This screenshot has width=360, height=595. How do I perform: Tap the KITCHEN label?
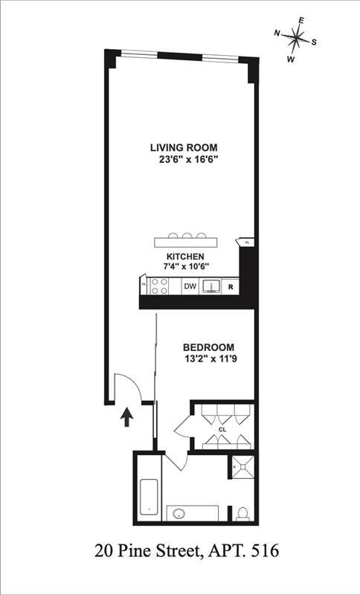[x=186, y=256]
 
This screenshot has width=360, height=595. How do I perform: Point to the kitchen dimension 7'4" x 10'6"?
[x=186, y=266]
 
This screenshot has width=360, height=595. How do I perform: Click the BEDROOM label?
[x=209, y=347]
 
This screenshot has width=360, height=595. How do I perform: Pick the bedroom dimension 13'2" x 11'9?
[x=209, y=359]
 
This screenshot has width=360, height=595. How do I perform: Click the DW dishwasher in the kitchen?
[x=190, y=286]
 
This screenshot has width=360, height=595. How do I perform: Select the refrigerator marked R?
[x=231, y=286]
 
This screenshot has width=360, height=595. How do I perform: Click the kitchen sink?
[x=210, y=286]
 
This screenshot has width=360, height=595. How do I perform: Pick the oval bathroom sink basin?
[x=181, y=513]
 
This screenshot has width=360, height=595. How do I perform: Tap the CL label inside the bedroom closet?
[x=222, y=429]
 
